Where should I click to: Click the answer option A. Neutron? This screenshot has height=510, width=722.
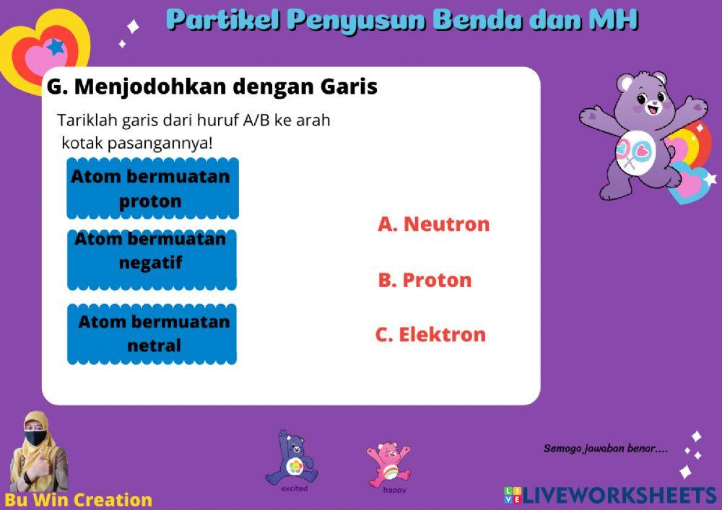click(433, 224)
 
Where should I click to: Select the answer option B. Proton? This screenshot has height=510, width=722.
click(425, 280)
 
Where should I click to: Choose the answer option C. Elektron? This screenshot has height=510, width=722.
click(430, 335)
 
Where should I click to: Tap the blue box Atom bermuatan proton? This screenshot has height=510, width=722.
click(152, 189)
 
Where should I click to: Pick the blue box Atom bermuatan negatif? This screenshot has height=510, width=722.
click(152, 260)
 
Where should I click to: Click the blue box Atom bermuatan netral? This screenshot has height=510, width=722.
click(152, 334)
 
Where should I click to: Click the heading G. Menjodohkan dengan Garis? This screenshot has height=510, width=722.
click(212, 87)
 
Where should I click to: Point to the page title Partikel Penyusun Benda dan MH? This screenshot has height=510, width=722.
click(402, 20)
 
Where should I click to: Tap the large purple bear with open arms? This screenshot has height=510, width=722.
click(639, 133)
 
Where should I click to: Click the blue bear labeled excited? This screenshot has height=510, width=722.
click(292, 459)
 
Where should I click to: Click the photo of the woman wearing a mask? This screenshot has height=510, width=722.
click(36, 453)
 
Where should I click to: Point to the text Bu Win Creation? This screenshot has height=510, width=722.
click(78, 500)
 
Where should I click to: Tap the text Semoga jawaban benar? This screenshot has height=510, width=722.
click(605, 449)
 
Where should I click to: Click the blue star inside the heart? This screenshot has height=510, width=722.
click(55, 48)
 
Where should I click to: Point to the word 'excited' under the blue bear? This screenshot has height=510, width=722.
click(294, 489)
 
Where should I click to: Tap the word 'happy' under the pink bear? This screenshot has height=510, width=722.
click(394, 491)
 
